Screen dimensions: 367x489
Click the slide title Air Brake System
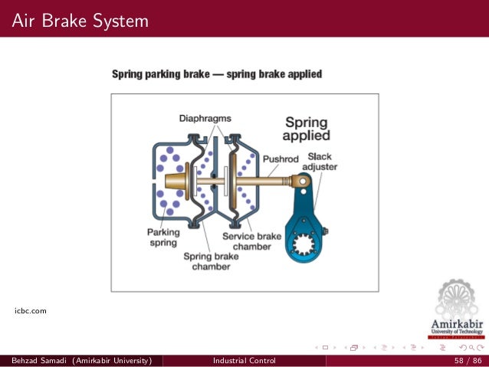coord(80,20)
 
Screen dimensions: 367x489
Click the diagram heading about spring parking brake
coord(217,74)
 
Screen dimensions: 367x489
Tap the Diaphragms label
coord(205,118)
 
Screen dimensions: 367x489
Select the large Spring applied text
coord(306,129)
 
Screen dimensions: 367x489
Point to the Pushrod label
coord(280,160)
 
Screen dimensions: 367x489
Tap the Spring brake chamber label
coord(211,261)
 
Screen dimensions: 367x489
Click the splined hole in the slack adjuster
coord(304,247)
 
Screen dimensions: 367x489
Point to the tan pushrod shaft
coord(261,182)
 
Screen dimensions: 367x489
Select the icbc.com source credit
coord(31,310)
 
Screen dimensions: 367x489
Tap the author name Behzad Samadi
coord(37,360)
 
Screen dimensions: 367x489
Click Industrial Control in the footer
coord(244,360)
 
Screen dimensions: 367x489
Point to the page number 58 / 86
coord(468,360)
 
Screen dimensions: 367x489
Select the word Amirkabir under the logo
coord(458,323)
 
